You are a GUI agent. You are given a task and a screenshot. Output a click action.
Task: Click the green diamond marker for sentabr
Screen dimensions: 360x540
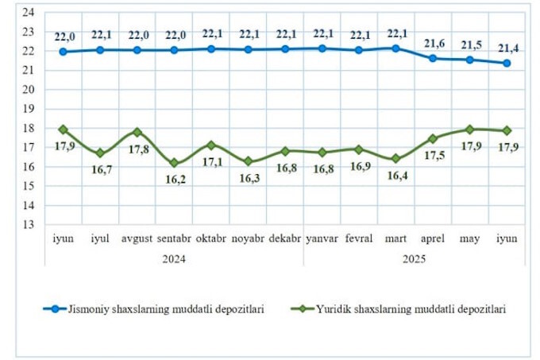174,163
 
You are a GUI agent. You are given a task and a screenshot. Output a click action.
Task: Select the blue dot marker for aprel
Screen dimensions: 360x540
433,58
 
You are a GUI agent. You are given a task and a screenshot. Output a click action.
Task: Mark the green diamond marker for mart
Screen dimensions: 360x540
395,158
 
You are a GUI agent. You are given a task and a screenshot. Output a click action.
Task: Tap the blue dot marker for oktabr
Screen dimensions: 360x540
211,48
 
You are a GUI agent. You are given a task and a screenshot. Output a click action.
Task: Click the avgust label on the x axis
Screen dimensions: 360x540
137,238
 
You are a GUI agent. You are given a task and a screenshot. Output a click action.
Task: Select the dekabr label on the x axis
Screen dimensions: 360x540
285,238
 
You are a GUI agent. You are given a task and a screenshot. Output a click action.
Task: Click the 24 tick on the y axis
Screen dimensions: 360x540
29,12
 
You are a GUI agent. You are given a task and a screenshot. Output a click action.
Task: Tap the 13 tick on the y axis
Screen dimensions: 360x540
29,225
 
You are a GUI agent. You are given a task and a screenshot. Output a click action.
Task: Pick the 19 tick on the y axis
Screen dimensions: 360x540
29,109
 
